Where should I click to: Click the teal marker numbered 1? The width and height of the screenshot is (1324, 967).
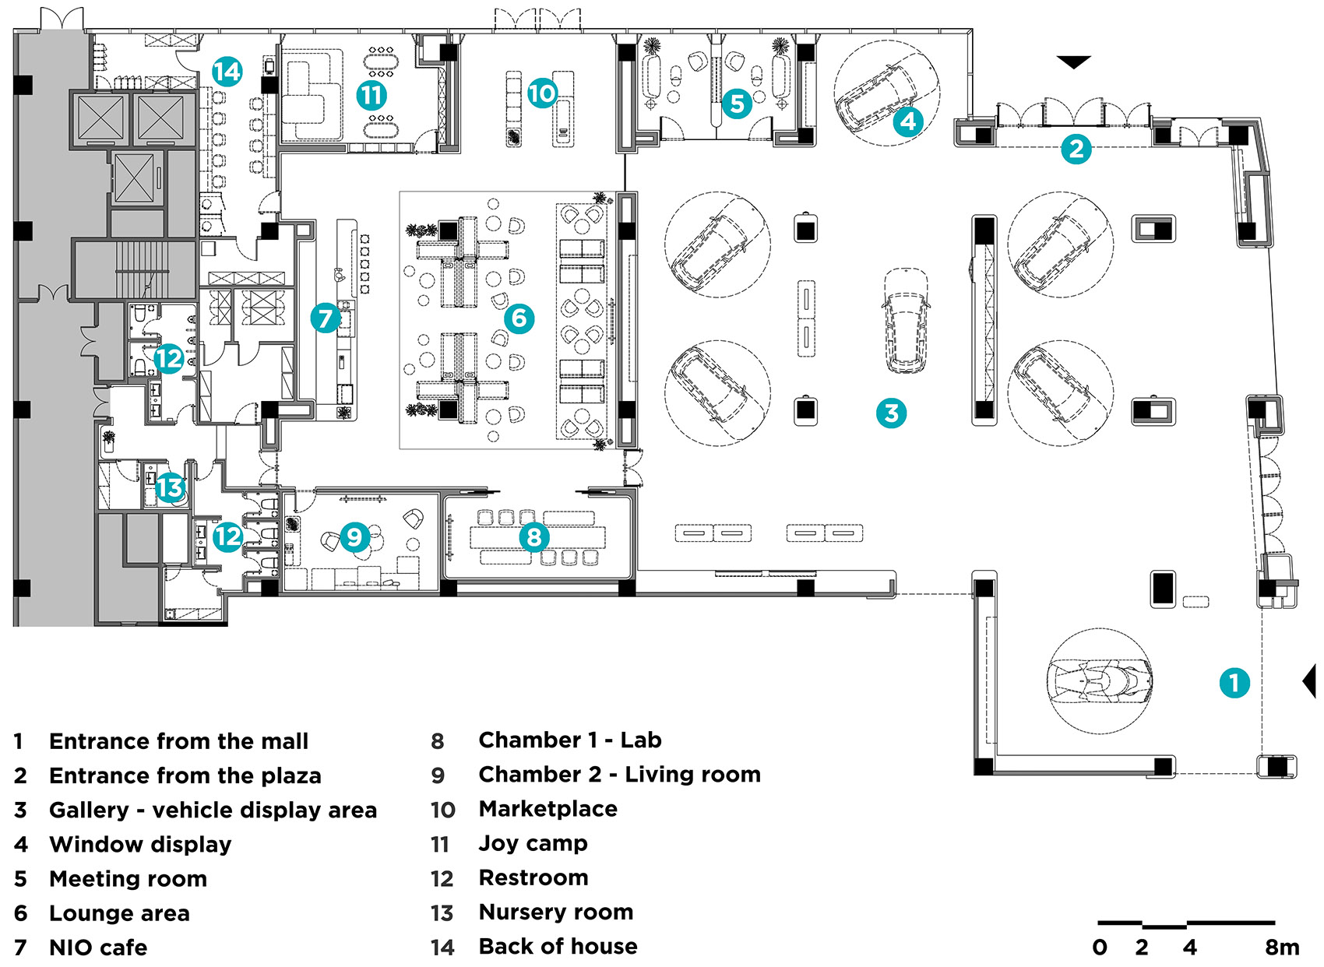coord(1234,683)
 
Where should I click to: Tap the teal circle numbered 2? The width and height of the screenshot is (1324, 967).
coord(1076,148)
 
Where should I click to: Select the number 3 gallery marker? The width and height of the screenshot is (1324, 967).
coord(891,413)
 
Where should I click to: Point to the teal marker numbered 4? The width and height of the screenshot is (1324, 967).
coord(908,121)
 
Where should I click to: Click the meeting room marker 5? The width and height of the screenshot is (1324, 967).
coord(737,103)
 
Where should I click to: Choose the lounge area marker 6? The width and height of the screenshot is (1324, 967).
coord(519,318)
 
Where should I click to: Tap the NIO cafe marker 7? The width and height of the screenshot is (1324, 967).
coord(325,318)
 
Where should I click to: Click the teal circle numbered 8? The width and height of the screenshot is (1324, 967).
coord(534,536)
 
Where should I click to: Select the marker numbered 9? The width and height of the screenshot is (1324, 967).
coord(354,536)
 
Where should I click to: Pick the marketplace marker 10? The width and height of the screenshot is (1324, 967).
coord(542,93)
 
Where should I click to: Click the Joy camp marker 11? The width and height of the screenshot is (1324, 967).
coord(371,96)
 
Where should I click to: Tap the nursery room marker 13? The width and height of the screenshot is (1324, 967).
coord(169,488)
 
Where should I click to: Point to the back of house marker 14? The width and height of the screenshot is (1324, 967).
coord(227,72)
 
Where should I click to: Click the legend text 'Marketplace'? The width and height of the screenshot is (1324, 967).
coord(548,809)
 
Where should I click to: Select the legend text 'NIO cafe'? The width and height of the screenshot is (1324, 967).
coord(98,948)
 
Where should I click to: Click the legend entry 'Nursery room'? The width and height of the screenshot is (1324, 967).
coord(555,912)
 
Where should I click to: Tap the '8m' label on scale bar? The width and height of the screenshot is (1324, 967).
coord(1282,948)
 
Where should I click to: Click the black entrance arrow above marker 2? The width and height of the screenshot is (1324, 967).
coord(1073,62)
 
